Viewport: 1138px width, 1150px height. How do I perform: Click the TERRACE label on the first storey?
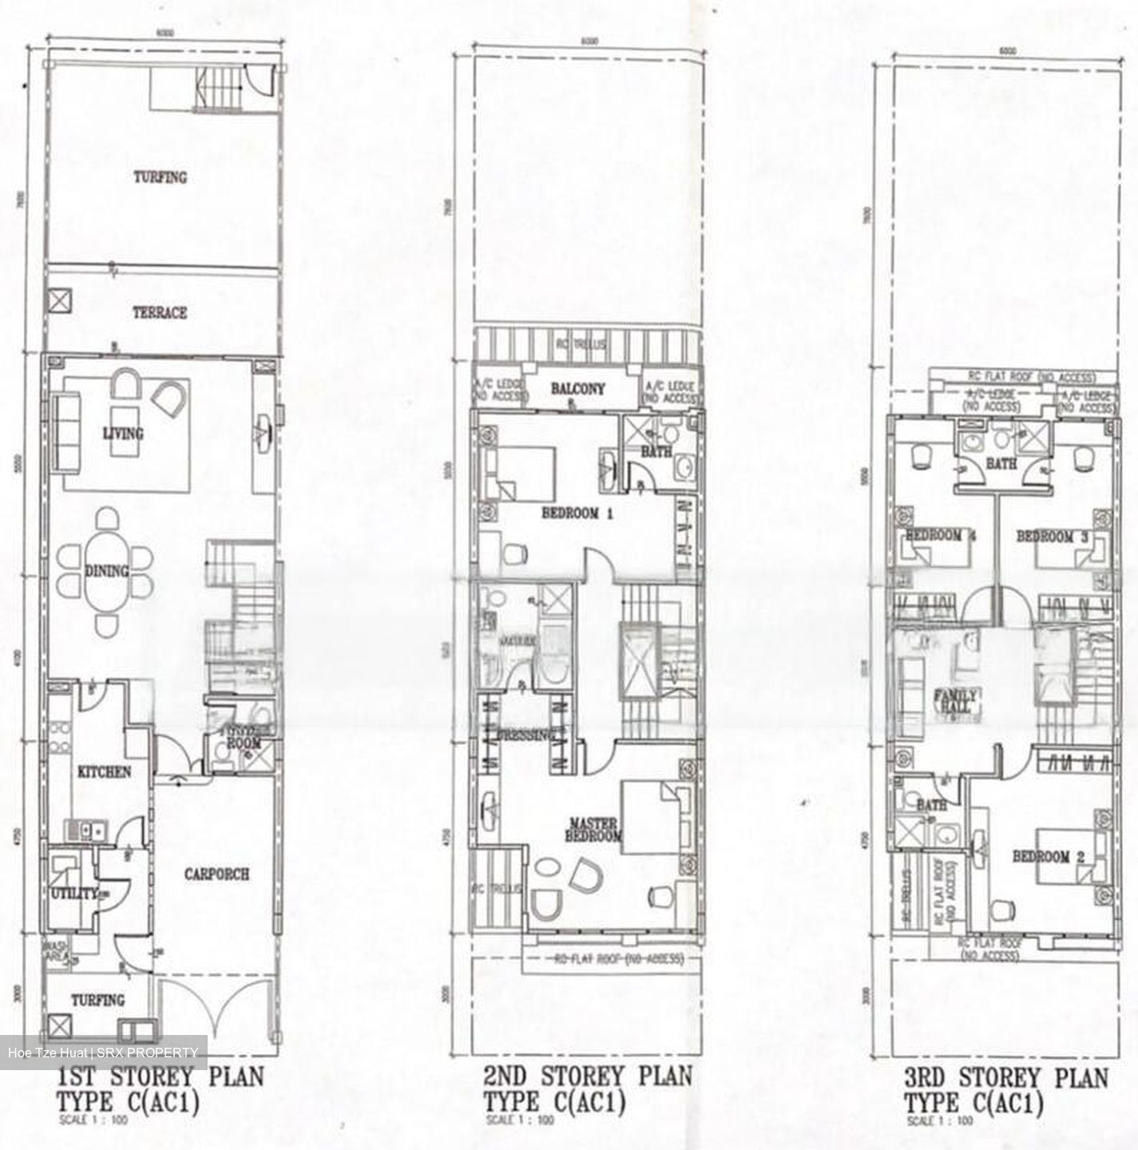coord(160,312)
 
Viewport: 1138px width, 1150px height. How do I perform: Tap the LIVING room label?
coord(123,434)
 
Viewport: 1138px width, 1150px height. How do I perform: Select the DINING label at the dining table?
coord(106,571)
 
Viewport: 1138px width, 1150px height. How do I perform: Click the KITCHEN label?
coord(104,772)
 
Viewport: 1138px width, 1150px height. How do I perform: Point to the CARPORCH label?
coord(216,874)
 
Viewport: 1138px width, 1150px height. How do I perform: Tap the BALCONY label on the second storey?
coord(578,389)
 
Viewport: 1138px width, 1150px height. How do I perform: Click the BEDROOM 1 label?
coord(577,514)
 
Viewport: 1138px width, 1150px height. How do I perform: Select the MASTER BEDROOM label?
coord(594,829)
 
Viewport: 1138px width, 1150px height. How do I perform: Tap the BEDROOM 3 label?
coord(1052,537)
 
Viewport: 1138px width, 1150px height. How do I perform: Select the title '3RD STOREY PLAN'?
coord(1006,1077)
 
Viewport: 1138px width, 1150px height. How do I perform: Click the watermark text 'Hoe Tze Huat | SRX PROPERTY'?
coord(103,1053)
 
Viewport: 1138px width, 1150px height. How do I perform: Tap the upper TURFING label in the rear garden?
coord(160,177)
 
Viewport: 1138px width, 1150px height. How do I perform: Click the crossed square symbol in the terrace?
coord(59,301)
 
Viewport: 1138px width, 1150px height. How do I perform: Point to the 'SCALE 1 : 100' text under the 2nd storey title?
coord(521,1120)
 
